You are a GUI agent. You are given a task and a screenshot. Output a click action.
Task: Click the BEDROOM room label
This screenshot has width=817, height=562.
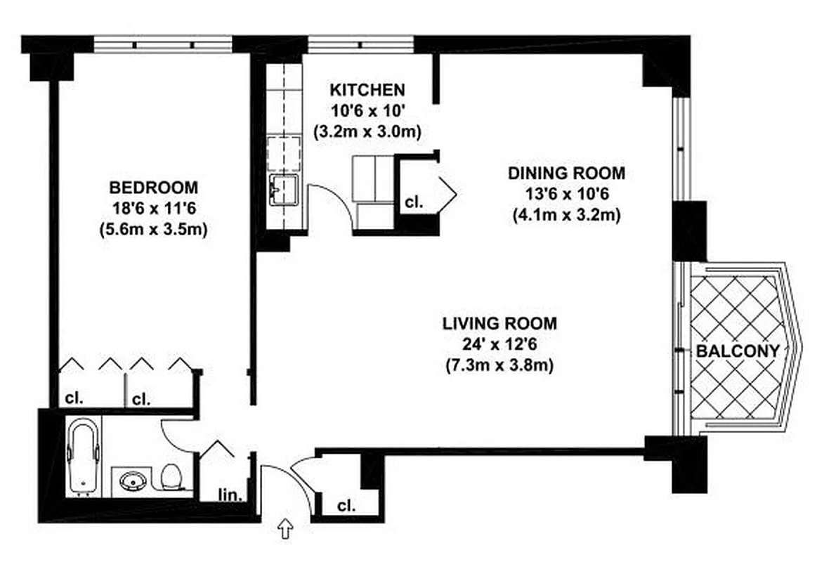[x=153, y=188]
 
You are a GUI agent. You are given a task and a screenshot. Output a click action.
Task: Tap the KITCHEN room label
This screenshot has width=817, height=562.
[x=367, y=90]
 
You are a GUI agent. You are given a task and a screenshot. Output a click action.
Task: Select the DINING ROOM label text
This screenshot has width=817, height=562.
[x=566, y=173]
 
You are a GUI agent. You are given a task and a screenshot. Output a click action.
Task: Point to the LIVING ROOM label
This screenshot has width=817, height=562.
[x=499, y=324]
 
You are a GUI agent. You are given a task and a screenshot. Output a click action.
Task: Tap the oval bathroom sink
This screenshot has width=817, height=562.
[x=133, y=482]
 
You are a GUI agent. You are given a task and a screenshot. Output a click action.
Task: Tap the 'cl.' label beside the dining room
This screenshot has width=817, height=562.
[x=414, y=202]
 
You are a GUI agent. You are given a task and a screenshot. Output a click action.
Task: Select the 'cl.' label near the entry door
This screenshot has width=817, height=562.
[x=346, y=505]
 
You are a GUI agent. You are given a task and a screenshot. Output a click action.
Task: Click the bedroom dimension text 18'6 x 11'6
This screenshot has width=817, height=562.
[x=153, y=209]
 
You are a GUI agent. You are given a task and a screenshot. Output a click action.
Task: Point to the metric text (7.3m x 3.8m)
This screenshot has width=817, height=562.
[x=499, y=365]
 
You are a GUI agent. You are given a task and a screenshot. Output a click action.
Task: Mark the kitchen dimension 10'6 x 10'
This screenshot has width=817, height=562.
[x=367, y=110]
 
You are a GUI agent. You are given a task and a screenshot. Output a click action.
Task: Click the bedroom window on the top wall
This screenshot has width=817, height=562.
[x=163, y=44]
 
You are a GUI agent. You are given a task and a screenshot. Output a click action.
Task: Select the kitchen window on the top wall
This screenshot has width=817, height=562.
[x=360, y=44]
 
